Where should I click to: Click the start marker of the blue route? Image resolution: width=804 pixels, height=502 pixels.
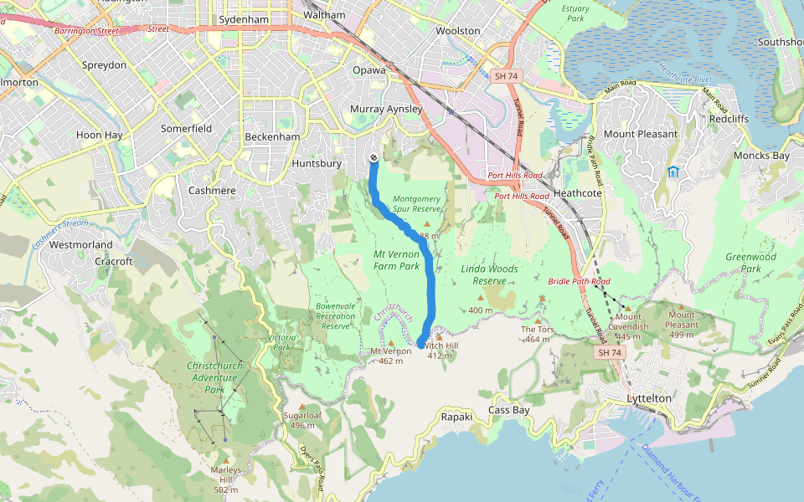coord(373,159)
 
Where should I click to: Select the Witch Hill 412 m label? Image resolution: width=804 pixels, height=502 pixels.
coord(441,350)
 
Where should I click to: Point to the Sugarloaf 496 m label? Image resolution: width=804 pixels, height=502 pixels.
coord(302,420)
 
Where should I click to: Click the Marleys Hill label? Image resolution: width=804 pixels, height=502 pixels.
coord(225,479)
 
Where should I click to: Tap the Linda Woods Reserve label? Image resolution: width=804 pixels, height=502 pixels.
coord(489,274)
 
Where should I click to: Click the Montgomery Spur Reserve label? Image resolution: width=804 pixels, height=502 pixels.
coord(416,204)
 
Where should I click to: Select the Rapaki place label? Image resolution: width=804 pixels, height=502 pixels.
coord(457,416)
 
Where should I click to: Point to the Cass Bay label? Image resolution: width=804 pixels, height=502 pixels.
coord(509,410)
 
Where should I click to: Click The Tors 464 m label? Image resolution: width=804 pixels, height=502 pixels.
coord(538,334)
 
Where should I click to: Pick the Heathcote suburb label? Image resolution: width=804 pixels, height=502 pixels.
coord(578,193)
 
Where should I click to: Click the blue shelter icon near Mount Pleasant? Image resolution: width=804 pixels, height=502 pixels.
coord(673,172)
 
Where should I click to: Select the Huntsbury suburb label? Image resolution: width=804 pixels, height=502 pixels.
coord(317,164)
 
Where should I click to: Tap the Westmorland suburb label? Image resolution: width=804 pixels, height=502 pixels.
coord(81,245)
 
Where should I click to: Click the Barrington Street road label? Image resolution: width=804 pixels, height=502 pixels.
coord(83,31)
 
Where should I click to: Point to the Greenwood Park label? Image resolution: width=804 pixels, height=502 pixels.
coord(750,263)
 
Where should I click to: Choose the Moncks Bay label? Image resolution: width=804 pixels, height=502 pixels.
coord(761,156)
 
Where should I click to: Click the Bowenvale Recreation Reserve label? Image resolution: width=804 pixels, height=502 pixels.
coord(336,315)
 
